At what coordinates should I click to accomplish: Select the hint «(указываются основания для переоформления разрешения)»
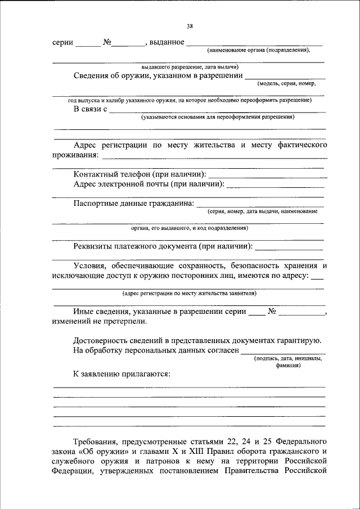[x=218, y=118]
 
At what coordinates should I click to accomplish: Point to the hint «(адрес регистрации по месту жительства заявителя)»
[x=190, y=293]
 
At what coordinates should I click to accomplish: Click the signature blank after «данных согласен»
[x=283, y=352]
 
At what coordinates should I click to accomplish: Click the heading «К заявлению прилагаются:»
[x=121, y=373]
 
